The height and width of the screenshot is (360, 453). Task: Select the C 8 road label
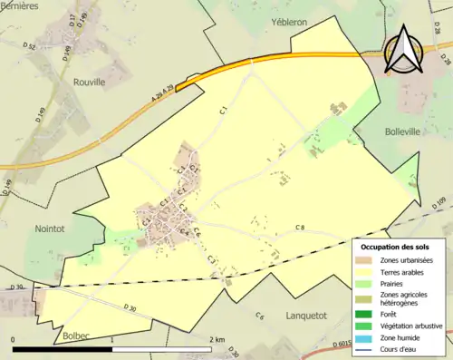[x=300, y=226]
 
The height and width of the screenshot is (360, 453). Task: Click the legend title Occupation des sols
[x=400, y=247]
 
